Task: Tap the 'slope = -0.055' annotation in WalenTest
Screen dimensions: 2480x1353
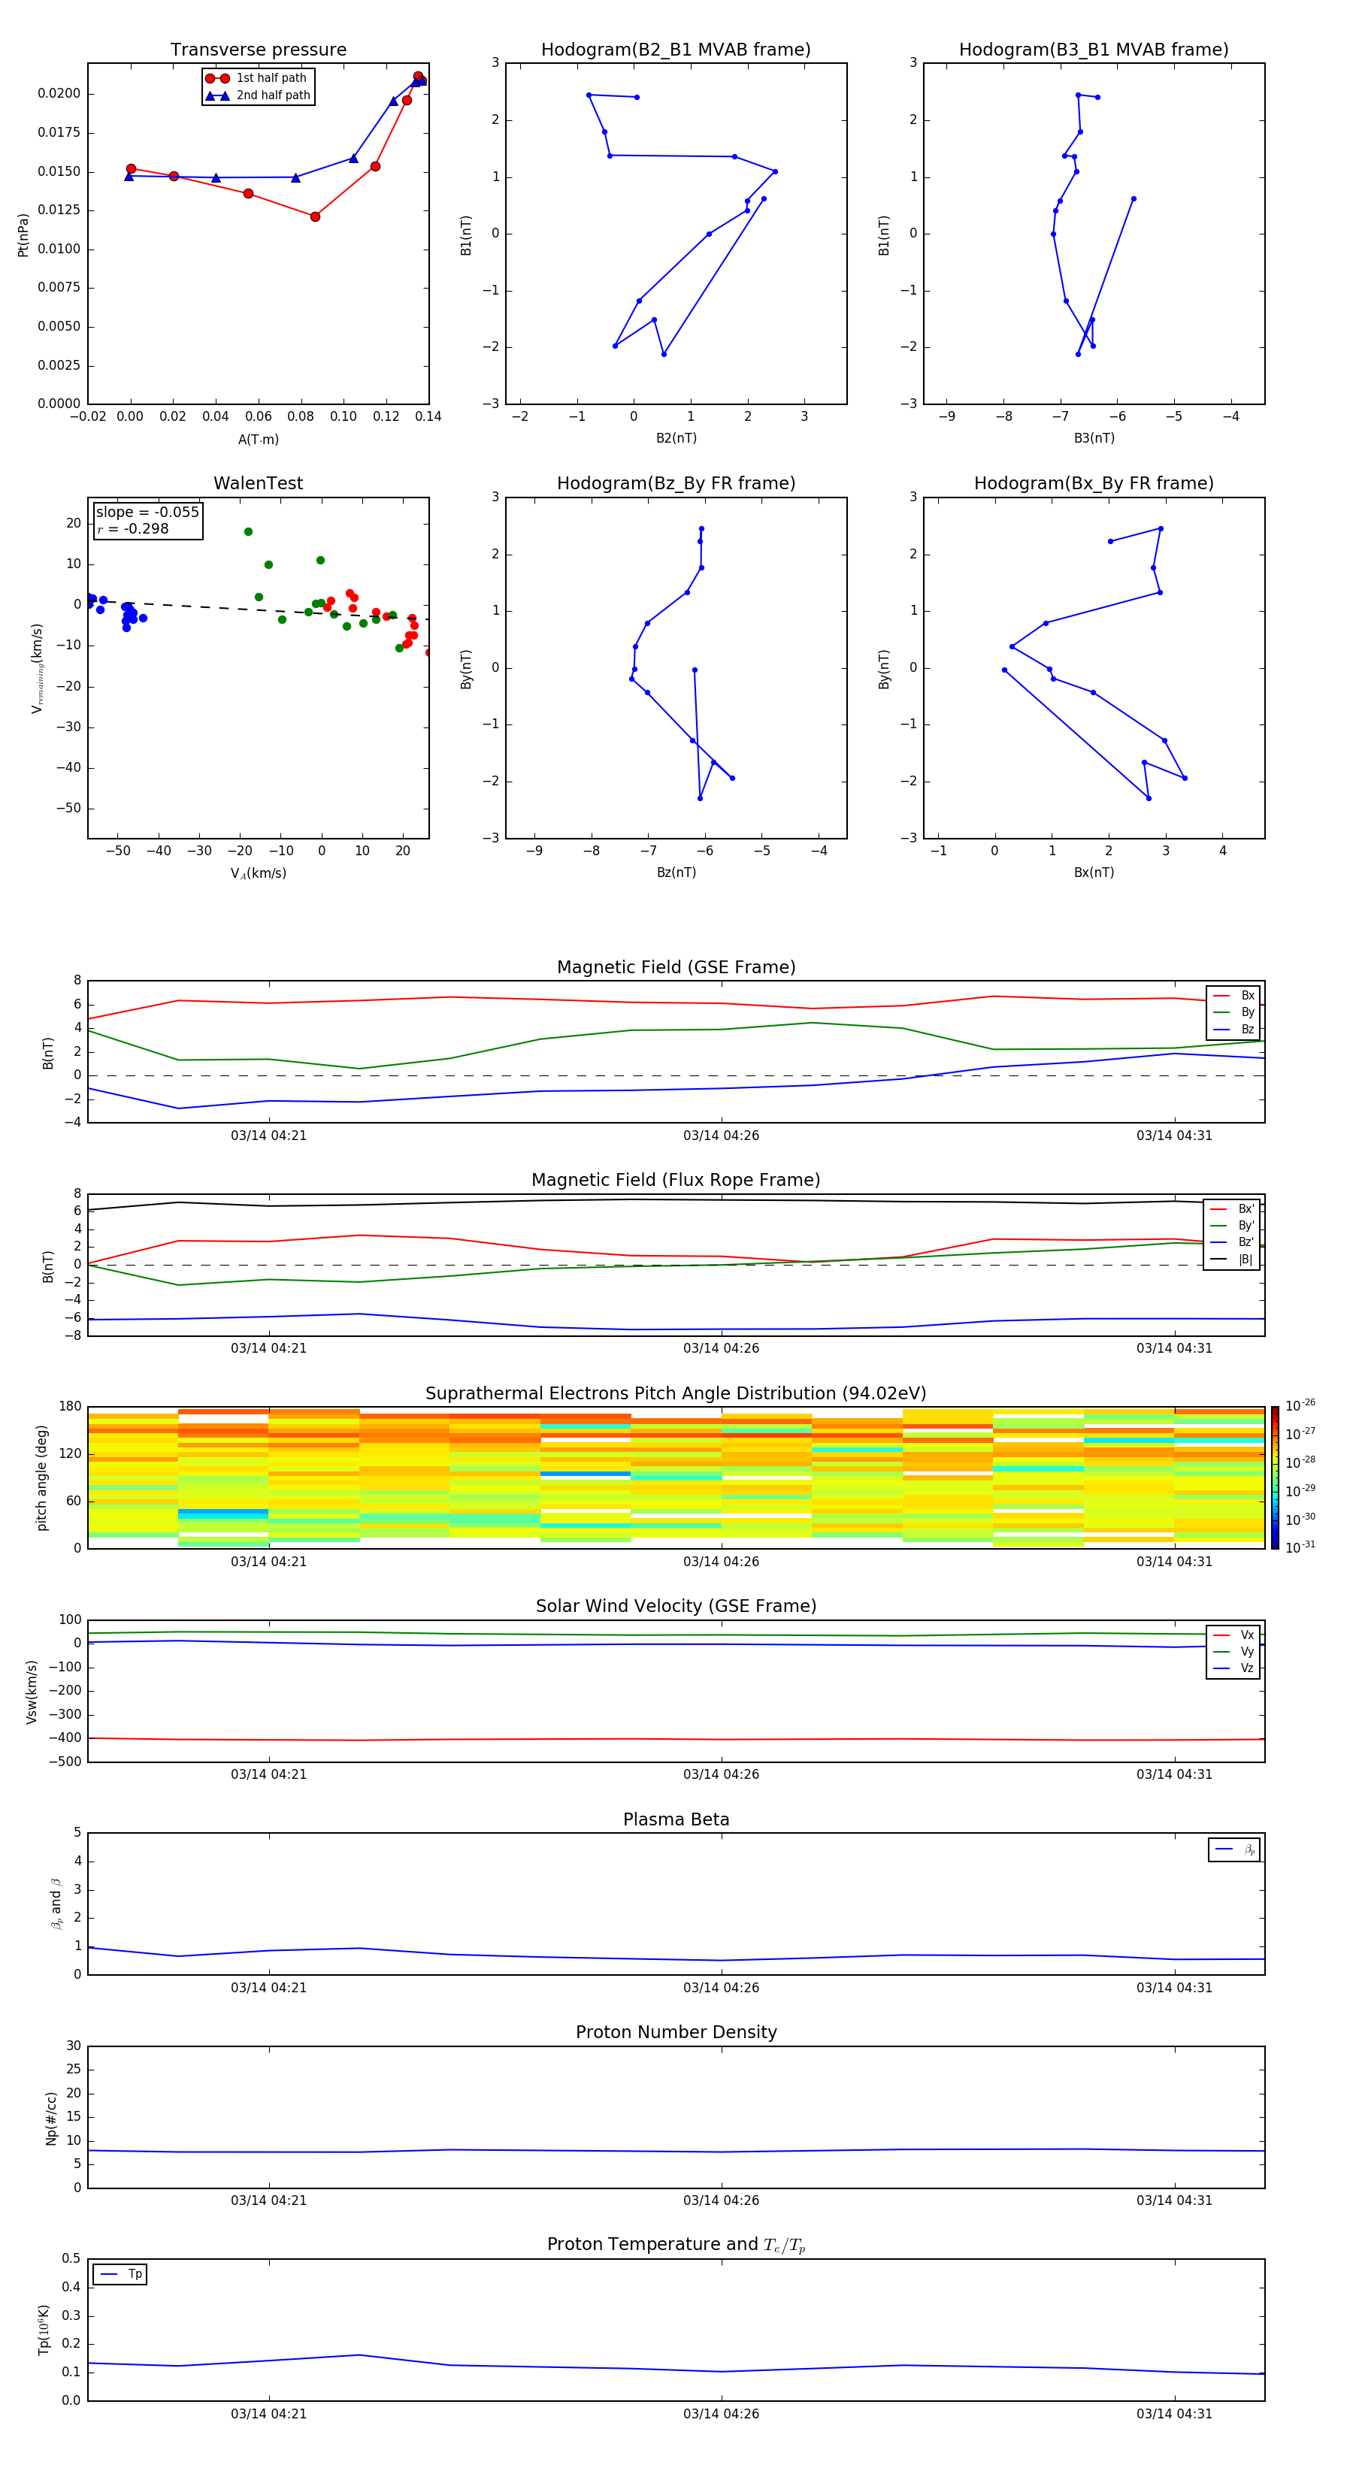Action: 147,513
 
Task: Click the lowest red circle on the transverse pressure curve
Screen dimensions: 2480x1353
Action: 315,216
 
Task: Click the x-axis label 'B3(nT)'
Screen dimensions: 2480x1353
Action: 1094,438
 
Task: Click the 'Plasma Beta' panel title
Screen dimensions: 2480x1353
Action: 676,1819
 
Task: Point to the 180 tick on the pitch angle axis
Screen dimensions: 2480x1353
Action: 71,1407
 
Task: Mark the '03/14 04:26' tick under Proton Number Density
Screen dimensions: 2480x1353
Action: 722,2200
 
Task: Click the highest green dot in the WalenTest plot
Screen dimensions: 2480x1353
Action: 249,531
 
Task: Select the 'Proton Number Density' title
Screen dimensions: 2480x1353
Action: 676,2032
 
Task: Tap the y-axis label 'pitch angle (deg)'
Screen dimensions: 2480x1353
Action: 41,1477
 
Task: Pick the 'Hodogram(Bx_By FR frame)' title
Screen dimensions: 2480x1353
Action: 1093,483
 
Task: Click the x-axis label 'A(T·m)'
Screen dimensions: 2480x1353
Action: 258,439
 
